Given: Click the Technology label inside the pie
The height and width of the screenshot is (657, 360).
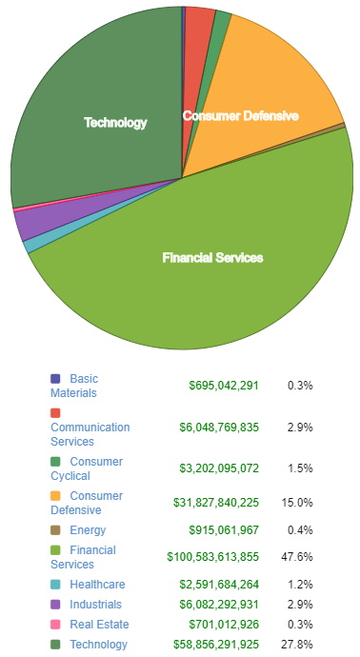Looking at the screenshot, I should point(115,123).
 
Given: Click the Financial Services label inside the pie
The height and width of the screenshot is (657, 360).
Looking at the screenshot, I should point(212,258).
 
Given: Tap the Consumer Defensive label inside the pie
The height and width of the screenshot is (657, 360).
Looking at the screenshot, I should point(240,116).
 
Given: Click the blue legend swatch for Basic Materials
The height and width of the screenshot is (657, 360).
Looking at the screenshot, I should point(55,379).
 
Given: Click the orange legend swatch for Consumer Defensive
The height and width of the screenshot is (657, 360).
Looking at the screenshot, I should point(55,496).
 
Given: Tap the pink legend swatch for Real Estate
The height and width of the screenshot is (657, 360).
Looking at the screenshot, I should point(55,624).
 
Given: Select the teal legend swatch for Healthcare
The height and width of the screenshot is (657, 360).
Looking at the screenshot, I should point(55,585).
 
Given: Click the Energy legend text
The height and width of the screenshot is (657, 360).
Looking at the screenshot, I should point(88,530).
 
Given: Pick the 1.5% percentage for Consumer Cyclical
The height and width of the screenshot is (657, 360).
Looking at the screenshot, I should point(302,468).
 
